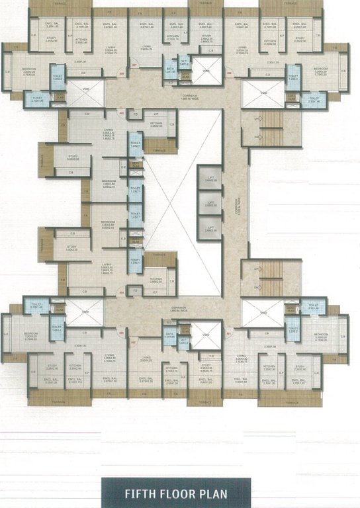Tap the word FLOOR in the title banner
177,493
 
